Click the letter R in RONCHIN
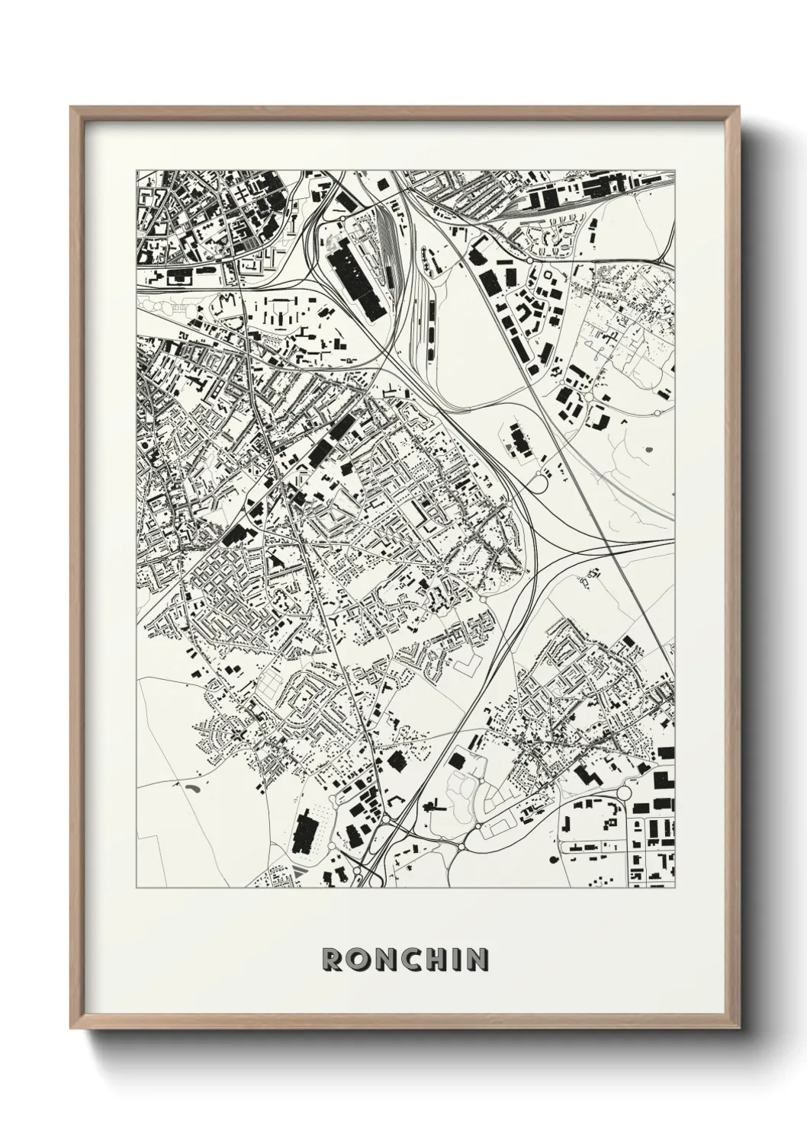pyautogui.click(x=332, y=960)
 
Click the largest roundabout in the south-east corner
pyautogui.click(x=624, y=793)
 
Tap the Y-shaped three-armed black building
pyautogui.click(x=334, y=621)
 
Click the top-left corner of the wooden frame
pyautogui.click(x=71, y=107)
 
